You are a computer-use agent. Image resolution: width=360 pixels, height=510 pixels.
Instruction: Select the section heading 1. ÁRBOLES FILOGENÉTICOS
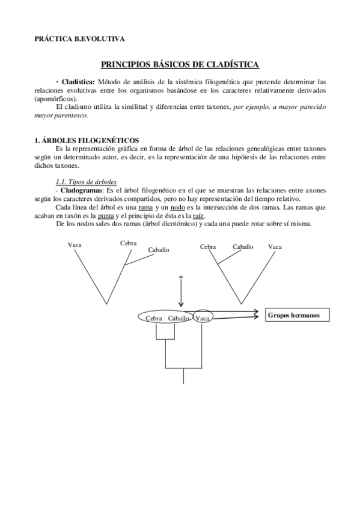coord(87,140)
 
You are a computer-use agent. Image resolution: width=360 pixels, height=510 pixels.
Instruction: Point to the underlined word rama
coord(145,207)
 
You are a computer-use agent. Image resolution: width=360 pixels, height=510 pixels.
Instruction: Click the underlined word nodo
coord(177,207)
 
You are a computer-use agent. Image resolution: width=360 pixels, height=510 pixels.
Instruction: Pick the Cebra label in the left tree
coord(128,243)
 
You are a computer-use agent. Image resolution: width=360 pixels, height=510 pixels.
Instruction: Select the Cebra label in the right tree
coord(208,247)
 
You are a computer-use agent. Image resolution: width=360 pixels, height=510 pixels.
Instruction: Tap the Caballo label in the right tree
coord(243,247)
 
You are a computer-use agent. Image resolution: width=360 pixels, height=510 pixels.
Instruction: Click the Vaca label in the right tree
coord(275,247)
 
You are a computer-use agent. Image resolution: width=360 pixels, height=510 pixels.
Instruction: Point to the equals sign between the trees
coord(180,277)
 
